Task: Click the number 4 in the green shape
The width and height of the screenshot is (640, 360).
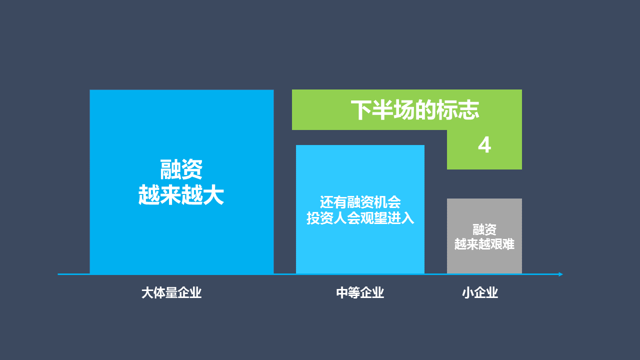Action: pyautogui.click(x=484, y=145)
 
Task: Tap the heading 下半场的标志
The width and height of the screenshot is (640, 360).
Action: pyautogui.click(x=415, y=109)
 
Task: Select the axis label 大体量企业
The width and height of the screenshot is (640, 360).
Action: pyautogui.click(x=171, y=293)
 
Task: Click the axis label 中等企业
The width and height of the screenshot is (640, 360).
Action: pyautogui.click(x=360, y=293)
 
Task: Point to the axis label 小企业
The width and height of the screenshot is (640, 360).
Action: pyautogui.click(x=480, y=293)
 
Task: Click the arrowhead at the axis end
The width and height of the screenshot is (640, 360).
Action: pyautogui.click(x=560, y=274)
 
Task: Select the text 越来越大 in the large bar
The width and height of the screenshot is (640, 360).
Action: pyautogui.click(x=181, y=195)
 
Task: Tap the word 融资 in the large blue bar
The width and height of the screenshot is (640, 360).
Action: pyautogui.click(x=181, y=169)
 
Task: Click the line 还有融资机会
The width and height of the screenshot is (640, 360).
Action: pyautogui.click(x=360, y=202)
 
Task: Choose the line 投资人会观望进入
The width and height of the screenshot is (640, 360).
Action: pyautogui.click(x=360, y=218)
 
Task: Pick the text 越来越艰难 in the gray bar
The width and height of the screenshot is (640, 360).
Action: pyautogui.click(x=484, y=244)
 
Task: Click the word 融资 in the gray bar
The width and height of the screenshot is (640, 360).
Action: pyautogui.click(x=484, y=229)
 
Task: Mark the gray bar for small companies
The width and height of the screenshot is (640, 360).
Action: pyautogui.click(x=484, y=236)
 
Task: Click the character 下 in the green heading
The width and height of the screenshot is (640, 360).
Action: pyautogui.click(x=361, y=109)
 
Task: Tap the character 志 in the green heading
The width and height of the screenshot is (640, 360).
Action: pyautogui.click(x=468, y=109)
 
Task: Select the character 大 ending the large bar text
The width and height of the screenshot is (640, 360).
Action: pyautogui.click(x=213, y=195)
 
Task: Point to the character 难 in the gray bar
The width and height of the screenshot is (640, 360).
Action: pyautogui.click(x=509, y=244)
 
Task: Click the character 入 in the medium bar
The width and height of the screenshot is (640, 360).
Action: pyautogui.click(x=407, y=218)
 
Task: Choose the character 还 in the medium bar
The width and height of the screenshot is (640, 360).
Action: pyautogui.click(x=326, y=202)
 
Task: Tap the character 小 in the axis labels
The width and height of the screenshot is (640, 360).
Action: pyautogui.click(x=468, y=293)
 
